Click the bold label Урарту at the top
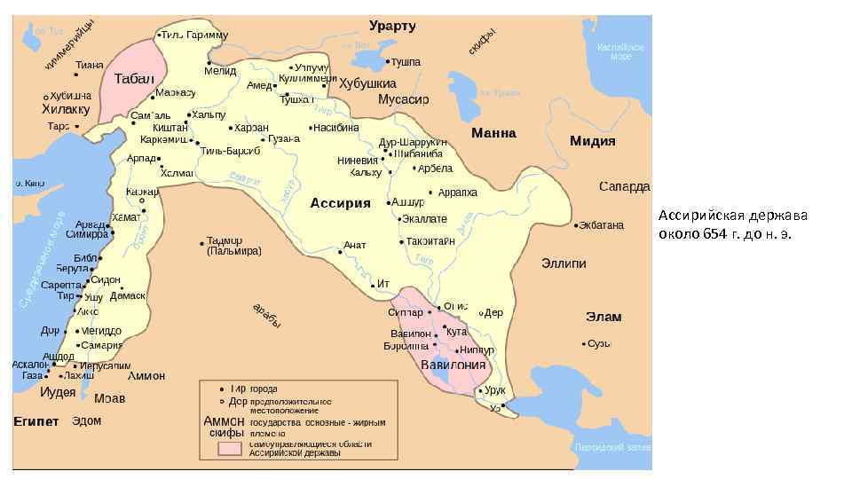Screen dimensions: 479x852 [392, 26]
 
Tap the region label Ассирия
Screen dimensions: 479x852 [340, 203]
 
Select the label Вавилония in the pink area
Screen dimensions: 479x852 [453, 365]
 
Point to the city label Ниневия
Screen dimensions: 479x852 [358, 161]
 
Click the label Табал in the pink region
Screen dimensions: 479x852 [135, 79]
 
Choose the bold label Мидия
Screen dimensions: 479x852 [593, 141]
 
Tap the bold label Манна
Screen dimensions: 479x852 [493, 134]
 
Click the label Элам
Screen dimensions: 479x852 [603, 317]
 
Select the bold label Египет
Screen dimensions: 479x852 [36, 420]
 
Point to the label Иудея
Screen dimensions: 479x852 [59, 391]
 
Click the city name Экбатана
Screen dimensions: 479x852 [602, 225]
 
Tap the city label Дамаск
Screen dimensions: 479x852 [129, 295]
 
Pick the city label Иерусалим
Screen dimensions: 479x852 [105, 365]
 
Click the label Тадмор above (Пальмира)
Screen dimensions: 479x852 [225, 240]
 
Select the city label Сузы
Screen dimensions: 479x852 [601, 343]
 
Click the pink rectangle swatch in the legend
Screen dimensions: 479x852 [230, 449]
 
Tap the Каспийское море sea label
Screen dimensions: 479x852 [620, 51]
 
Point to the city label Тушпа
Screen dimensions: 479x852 [406, 62]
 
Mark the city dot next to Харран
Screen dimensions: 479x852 [230, 128]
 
